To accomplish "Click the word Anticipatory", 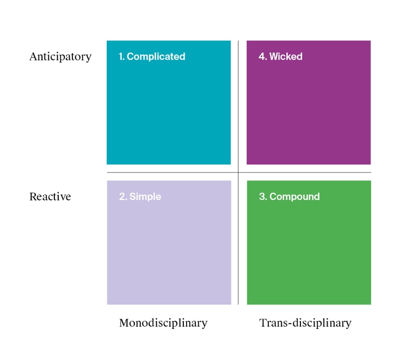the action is pyautogui.click(x=60, y=57).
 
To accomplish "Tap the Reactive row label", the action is pyautogui.click(x=50, y=197).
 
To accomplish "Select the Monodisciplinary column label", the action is pyautogui.click(x=163, y=323).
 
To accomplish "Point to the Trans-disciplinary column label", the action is pyautogui.click(x=305, y=323).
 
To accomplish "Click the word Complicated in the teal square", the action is pyautogui.click(x=156, y=57).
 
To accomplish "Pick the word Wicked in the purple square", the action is pyautogui.click(x=286, y=57).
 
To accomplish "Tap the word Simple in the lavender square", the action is pyautogui.click(x=145, y=197).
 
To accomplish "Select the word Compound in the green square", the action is pyautogui.click(x=294, y=197).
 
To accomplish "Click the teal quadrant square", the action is pyautogui.click(x=169, y=102).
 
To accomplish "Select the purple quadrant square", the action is pyautogui.click(x=309, y=102).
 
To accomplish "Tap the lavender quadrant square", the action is pyautogui.click(x=169, y=242).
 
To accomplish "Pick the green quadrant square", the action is pyautogui.click(x=309, y=242).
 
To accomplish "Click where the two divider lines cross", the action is pyautogui.click(x=238, y=172).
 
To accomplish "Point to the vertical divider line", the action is pyautogui.click(x=238, y=173).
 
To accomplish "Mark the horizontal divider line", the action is pyautogui.click(x=239, y=172).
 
